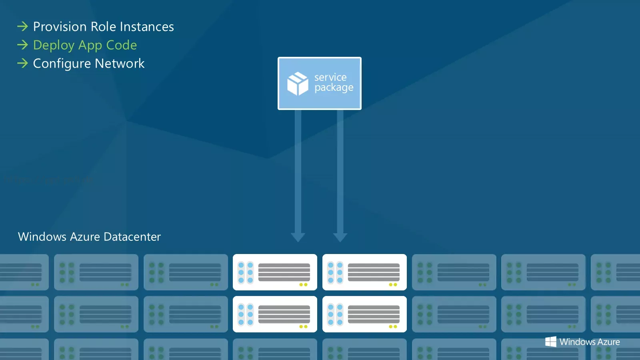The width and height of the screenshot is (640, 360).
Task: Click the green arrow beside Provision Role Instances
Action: (22, 26)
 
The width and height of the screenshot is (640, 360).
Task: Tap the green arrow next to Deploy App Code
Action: (22, 45)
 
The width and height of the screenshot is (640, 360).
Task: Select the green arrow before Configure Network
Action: (22, 63)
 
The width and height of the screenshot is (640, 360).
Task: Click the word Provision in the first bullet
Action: (60, 26)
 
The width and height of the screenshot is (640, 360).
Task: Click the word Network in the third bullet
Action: (120, 64)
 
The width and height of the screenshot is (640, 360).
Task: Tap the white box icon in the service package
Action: (298, 84)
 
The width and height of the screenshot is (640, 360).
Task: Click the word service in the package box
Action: (330, 77)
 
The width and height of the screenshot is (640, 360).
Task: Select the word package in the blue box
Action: (334, 88)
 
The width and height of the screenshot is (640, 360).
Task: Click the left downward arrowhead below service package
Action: (298, 237)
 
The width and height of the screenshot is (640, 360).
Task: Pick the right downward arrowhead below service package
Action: (340, 237)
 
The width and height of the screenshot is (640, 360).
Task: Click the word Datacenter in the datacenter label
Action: (132, 237)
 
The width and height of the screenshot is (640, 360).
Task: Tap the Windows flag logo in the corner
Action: (550, 342)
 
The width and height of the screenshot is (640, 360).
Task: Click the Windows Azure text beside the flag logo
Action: (590, 342)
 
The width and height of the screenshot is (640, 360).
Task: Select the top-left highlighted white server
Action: (275, 272)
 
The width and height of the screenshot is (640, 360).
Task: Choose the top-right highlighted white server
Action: (364, 272)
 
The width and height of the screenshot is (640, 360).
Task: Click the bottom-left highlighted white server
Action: (275, 314)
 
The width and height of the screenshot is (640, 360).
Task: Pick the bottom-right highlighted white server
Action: (364, 314)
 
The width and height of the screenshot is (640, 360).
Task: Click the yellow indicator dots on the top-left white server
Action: (304, 284)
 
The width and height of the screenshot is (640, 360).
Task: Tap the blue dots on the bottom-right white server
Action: (335, 314)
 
